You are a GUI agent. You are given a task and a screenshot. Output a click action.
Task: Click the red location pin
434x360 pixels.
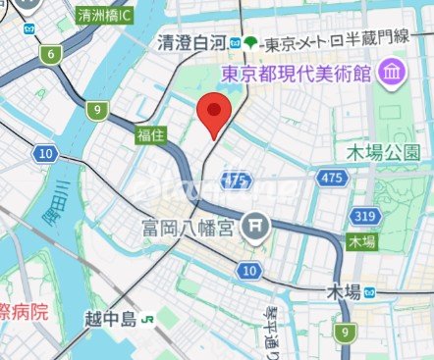pos(213,115)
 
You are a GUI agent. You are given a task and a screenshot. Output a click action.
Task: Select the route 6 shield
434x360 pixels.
pos(50,56)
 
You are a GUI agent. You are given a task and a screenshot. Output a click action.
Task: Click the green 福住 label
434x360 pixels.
pos(151,133)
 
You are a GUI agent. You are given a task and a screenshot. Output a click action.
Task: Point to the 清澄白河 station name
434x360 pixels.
pos(192,42)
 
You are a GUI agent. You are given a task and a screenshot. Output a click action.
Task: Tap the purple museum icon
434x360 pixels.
pos(392,72)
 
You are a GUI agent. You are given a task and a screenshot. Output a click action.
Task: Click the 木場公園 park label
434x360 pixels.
pos(383,153)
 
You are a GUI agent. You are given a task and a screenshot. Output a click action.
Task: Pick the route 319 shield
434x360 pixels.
pos(365,216)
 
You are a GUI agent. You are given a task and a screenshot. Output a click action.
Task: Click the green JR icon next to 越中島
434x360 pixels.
pos(148,320)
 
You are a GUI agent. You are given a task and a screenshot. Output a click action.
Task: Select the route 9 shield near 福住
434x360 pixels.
pos(96,111)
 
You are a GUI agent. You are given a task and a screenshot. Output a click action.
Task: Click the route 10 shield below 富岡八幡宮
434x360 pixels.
pos(250,270)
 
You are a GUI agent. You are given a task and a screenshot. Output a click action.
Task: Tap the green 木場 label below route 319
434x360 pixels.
pos(361,241)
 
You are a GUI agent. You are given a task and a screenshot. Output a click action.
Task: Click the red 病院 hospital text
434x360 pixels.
pos(25,313)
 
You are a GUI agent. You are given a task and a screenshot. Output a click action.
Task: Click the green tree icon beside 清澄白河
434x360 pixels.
pos(251,42)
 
